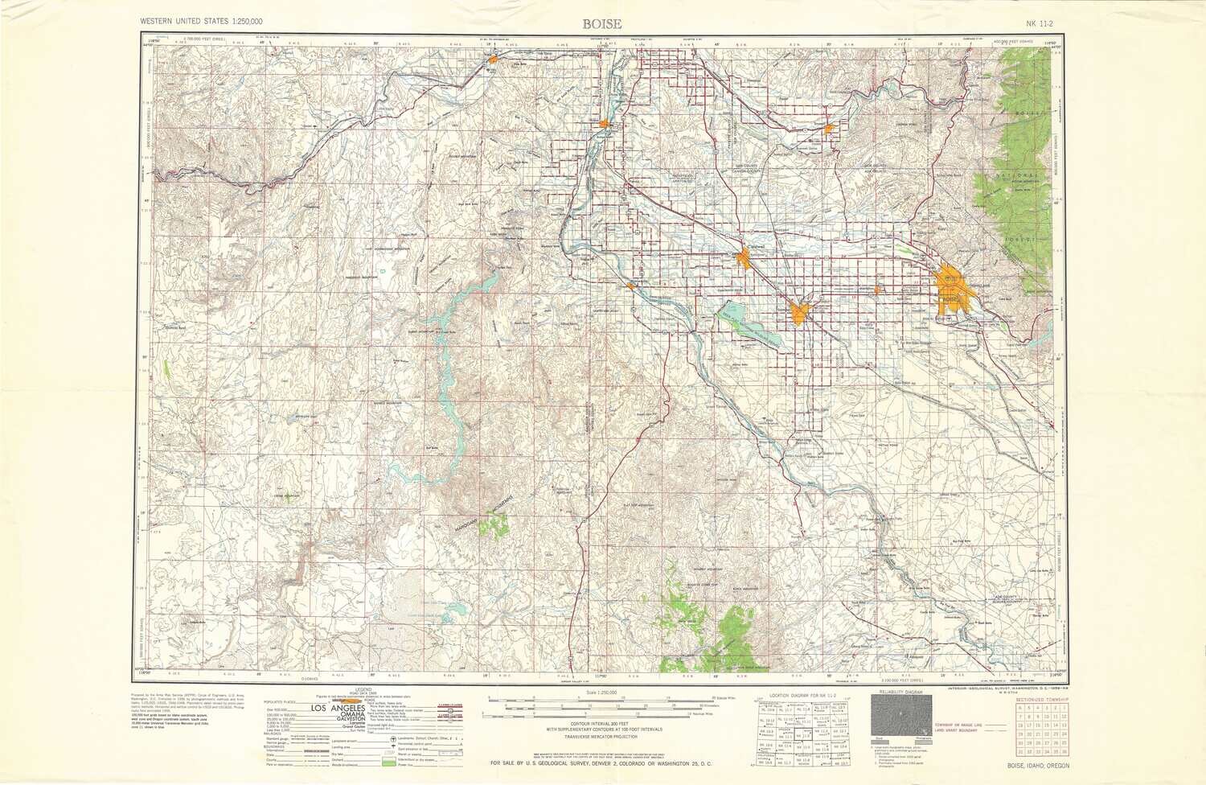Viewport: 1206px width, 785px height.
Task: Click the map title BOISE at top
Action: pyautogui.click(x=602, y=23)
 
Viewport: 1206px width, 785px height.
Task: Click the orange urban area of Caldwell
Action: pyautogui.click(x=745, y=258)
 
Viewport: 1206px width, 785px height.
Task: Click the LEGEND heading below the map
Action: pyautogui.click(x=364, y=690)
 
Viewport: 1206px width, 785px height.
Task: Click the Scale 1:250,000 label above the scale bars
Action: pyautogui.click(x=602, y=692)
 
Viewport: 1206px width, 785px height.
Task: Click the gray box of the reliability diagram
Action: pyautogui.click(x=901, y=715)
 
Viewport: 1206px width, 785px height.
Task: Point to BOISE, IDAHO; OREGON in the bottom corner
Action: pyautogui.click(x=1038, y=766)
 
